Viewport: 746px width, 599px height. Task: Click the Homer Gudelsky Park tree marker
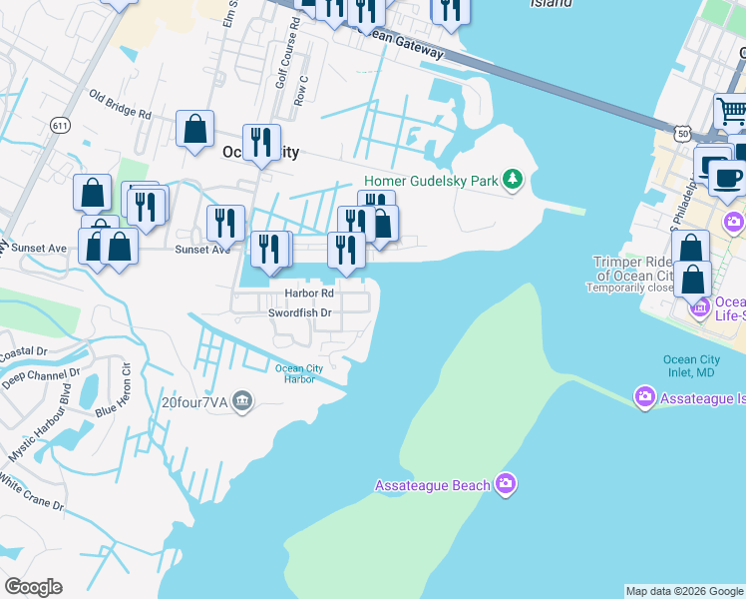click(x=513, y=180)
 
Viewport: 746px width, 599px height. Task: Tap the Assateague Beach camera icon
click(x=506, y=485)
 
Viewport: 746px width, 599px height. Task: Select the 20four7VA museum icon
click(x=242, y=401)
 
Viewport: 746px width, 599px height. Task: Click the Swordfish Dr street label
click(x=299, y=312)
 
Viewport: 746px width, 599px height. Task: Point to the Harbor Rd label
click(x=308, y=294)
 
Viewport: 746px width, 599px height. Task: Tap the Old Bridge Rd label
click(x=119, y=105)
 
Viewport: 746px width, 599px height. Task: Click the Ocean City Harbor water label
click(x=295, y=373)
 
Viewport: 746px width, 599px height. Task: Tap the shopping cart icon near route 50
click(x=732, y=109)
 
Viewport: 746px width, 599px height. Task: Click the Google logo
click(x=33, y=587)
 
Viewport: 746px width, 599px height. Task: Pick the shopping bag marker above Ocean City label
click(x=194, y=128)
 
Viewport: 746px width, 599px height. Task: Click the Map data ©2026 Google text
click(x=684, y=591)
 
